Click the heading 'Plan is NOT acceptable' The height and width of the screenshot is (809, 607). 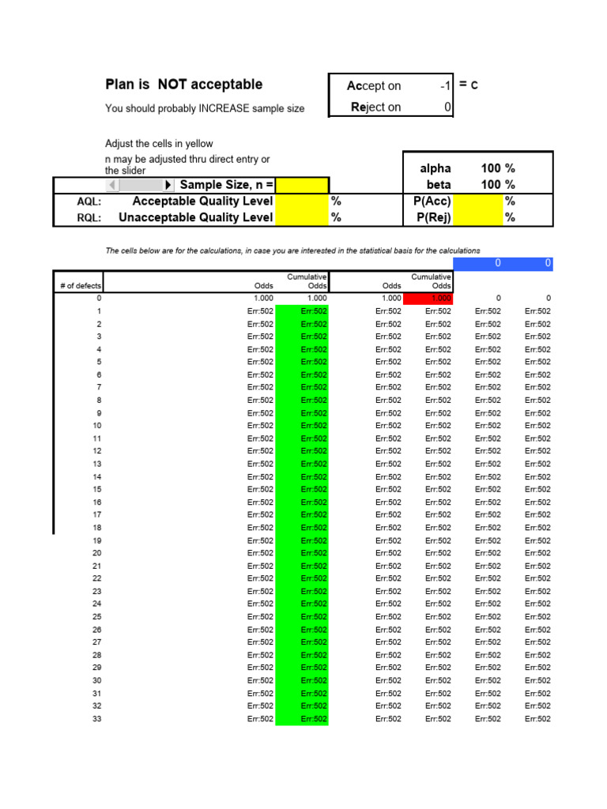click(x=183, y=85)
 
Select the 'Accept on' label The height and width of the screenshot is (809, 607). click(x=373, y=86)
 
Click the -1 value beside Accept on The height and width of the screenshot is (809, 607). click(x=445, y=86)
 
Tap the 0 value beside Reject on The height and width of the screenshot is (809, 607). click(x=447, y=107)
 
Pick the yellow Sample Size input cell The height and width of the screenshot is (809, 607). click(x=301, y=185)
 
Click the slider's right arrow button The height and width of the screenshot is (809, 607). click(x=168, y=185)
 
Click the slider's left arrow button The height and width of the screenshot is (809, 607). click(x=112, y=185)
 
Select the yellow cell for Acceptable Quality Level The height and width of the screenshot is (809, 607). click(x=301, y=201)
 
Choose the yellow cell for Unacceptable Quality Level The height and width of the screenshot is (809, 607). click(x=301, y=217)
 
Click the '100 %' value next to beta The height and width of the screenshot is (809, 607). click(x=497, y=184)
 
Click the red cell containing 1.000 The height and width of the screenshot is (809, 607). click(x=430, y=299)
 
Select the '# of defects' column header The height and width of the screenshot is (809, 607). click(x=80, y=286)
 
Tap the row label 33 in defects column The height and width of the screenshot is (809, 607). click(x=96, y=719)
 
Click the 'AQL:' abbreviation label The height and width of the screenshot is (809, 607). click(x=89, y=201)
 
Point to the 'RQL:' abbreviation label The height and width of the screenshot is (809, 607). click(x=89, y=217)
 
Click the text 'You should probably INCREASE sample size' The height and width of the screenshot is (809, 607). click(x=205, y=108)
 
